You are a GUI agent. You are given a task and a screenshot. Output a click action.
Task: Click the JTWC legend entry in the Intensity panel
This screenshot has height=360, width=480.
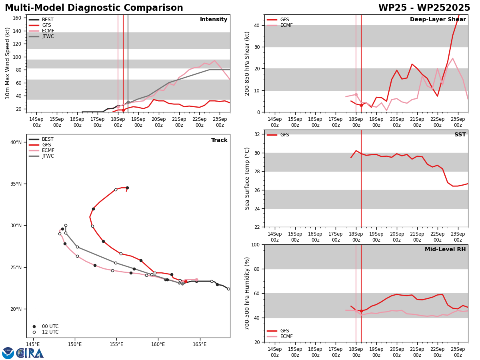click(41, 36)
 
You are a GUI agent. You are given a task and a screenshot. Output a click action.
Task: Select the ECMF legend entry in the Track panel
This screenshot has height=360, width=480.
click(41, 150)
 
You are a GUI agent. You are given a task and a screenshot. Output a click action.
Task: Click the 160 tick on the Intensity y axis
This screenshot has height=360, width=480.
click(17, 18)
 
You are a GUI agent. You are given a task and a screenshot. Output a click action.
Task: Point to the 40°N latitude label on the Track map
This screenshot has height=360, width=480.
click(16, 142)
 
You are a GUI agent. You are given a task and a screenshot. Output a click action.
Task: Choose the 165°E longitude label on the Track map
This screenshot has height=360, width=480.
click(200, 345)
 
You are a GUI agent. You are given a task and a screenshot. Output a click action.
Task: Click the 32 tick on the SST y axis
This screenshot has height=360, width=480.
click(257, 134)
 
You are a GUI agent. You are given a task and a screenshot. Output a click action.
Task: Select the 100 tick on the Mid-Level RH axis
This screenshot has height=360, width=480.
click(256, 244)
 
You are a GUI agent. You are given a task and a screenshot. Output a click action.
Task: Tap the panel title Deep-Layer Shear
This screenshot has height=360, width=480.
click(438, 20)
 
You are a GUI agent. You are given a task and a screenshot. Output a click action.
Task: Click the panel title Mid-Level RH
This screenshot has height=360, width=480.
click(445, 249)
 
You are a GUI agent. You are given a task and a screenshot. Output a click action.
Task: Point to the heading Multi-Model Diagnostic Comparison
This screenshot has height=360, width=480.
click(94, 8)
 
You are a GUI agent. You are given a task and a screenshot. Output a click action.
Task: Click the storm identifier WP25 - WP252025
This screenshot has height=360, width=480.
click(424, 8)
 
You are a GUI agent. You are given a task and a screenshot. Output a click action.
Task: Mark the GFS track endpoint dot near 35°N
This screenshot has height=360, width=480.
click(127, 188)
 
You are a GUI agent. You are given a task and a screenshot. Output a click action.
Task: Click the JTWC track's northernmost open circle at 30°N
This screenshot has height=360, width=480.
click(66, 225)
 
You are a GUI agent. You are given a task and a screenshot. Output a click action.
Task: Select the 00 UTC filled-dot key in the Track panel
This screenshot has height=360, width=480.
click(46, 326)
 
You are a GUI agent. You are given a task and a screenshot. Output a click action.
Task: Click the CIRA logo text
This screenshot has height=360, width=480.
click(30, 353)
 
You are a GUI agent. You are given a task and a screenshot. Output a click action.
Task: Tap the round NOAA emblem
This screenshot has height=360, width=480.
click(8, 353)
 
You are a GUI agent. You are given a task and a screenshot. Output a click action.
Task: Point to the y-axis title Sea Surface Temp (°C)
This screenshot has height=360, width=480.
click(247, 178)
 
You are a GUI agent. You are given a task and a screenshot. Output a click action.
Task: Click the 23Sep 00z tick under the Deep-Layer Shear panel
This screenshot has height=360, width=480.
click(458, 122)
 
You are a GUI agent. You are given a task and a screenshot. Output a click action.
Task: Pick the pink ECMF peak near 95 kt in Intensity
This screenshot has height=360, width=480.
click(214, 60)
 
